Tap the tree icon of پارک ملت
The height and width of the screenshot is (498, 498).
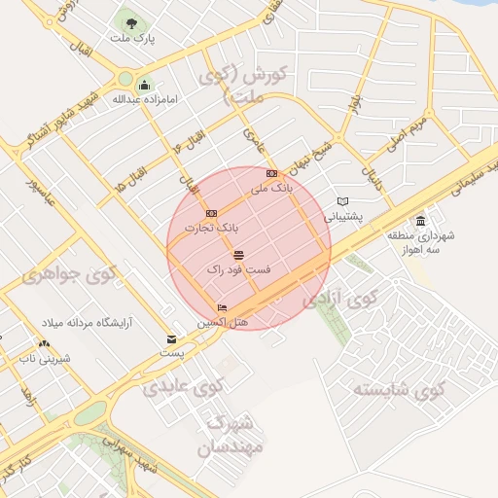[x=127, y=21]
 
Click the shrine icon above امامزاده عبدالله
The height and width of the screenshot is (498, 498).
[x=145, y=84]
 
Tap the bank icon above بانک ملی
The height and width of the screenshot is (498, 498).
[x=271, y=174]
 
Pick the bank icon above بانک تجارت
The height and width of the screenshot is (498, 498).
[x=211, y=212]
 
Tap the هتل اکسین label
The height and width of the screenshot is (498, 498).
[x=224, y=321]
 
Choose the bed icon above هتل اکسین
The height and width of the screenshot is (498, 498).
[x=223, y=307]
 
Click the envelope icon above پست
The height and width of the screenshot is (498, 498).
[x=171, y=339]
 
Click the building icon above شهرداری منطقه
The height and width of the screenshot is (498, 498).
[x=420, y=221]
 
